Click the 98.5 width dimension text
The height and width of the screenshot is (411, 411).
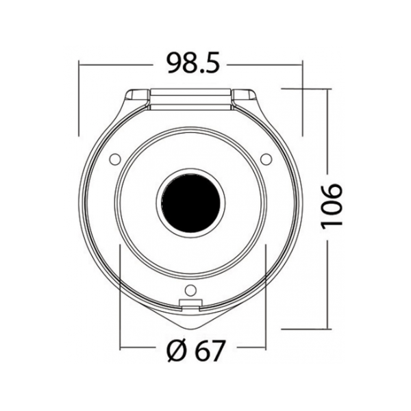(x=193, y=63)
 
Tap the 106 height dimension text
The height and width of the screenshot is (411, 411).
(x=332, y=206)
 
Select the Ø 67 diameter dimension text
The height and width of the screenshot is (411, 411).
(x=195, y=351)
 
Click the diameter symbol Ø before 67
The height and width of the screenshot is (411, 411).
(x=177, y=351)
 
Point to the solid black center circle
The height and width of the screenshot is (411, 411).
(x=191, y=203)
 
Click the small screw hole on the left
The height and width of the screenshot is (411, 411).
(x=115, y=159)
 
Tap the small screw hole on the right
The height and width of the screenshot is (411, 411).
(x=266, y=159)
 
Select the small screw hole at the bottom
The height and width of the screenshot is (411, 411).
(x=190, y=290)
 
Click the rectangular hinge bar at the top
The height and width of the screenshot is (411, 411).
(x=191, y=99)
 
